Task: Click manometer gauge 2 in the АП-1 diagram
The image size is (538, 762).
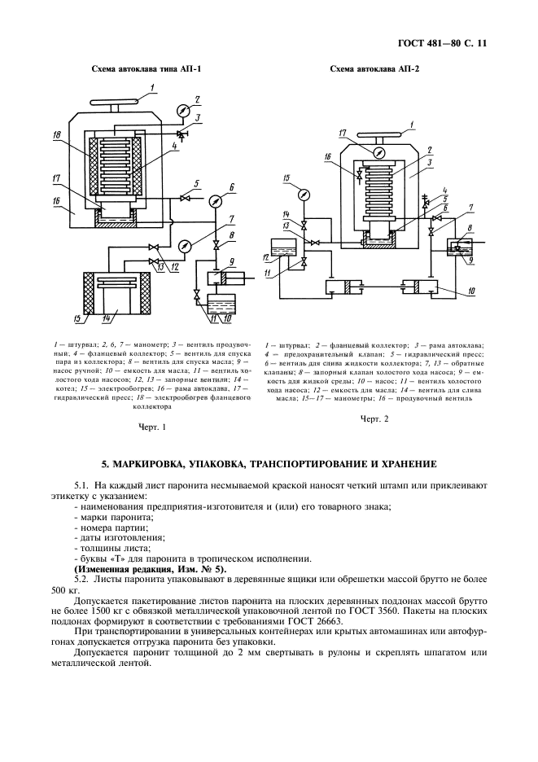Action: pyautogui.click(x=182, y=110)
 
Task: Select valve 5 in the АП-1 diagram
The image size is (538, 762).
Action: pyautogui.click(x=184, y=198)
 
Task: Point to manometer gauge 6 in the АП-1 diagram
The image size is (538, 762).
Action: pyautogui.click(x=214, y=200)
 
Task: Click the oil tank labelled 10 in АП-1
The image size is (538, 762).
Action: pyautogui.click(x=221, y=304)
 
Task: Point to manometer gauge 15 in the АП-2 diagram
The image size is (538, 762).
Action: pyautogui.click(x=304, y=195)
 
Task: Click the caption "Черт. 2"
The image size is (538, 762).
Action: pyautogui.click(x=374, y=418)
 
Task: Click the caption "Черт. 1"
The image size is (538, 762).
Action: pyautogui.click(x=152, y=427)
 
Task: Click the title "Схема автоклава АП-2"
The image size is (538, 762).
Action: pyautogui.click(x=374, y=69)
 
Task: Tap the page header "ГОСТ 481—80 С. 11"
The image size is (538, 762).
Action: pyautogui.click(x=442, y=43)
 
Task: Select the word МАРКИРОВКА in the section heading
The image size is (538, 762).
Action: pyautogui.click(x=147, y=464)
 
